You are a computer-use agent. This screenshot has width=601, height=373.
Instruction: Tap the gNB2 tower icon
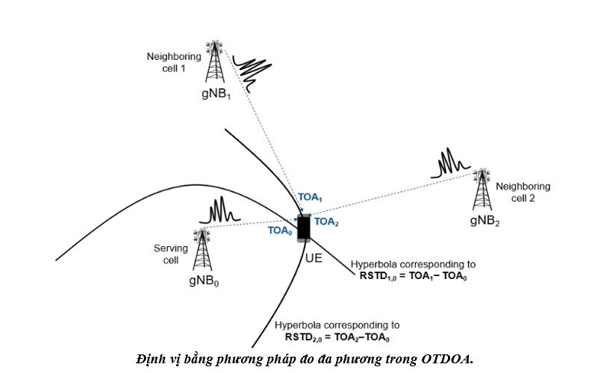coord(481,192)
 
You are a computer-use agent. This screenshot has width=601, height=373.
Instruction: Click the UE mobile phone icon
coord(303,228)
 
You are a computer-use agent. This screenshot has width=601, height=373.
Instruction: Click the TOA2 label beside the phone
coord(326,221)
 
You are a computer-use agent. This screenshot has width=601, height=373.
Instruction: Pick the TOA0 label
coord(279,231)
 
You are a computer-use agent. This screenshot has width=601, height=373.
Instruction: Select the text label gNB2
coord(485,222)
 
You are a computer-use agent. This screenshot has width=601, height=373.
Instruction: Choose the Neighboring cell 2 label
coord(523,192)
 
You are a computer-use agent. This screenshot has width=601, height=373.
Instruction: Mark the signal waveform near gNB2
coord(449,164)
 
